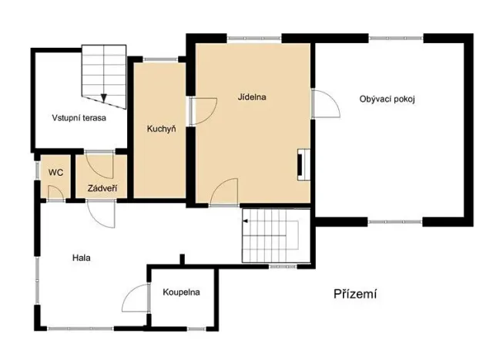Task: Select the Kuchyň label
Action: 162,129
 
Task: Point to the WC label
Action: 55,172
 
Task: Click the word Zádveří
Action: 102,187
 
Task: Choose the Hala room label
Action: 82,258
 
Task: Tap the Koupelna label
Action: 182,292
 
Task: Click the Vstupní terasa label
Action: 79,118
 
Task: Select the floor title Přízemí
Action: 355,294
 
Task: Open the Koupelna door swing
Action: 137,297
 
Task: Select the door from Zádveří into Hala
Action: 101,213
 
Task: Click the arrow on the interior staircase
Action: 246,221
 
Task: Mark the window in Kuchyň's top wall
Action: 159,59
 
